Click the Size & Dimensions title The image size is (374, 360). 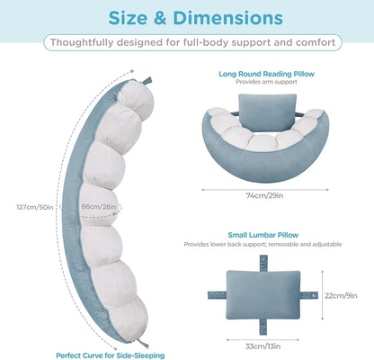(195, 18)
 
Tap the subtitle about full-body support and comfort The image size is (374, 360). (192, 42)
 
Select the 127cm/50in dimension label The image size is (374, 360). (35, 207)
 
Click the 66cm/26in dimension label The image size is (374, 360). (99, 207)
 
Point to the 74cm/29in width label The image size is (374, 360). (264, 195)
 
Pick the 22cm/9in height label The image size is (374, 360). (341, 296)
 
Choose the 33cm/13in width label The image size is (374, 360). (263, 346)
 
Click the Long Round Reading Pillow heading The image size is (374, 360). (266, 74)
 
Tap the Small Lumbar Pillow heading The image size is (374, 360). (263, 235)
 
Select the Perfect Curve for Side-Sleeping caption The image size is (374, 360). (111, 355)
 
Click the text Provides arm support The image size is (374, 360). (266, 82)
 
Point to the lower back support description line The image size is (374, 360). (263, 244)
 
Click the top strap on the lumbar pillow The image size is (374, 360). (263, 263)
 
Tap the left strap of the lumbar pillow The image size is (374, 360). (217, 295)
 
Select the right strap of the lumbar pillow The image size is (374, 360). (308, 295)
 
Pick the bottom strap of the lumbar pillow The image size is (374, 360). (263, 327)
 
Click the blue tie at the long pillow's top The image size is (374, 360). (147, 80)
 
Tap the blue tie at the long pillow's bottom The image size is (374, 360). (143, 343)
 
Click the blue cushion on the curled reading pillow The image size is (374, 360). (267, 112)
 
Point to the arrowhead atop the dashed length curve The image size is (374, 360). (132, 71)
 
